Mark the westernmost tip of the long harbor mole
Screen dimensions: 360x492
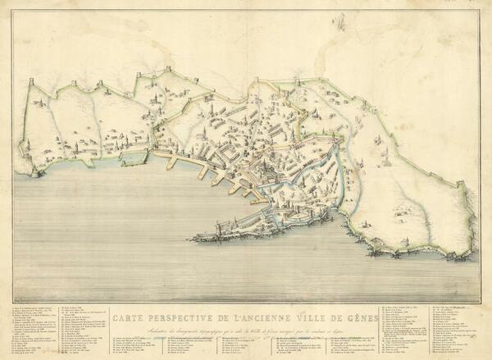pyautogui.click(x=190, y=239)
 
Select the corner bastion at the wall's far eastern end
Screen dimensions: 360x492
pyautogui.click(x=469, y=248)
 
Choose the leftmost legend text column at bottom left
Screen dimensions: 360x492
pyautogui.click(x=37, y=332)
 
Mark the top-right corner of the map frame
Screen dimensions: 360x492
pyautogui.click(x=481, y=10)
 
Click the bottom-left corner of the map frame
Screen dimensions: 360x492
pyautogui.click(x=12, y=303)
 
